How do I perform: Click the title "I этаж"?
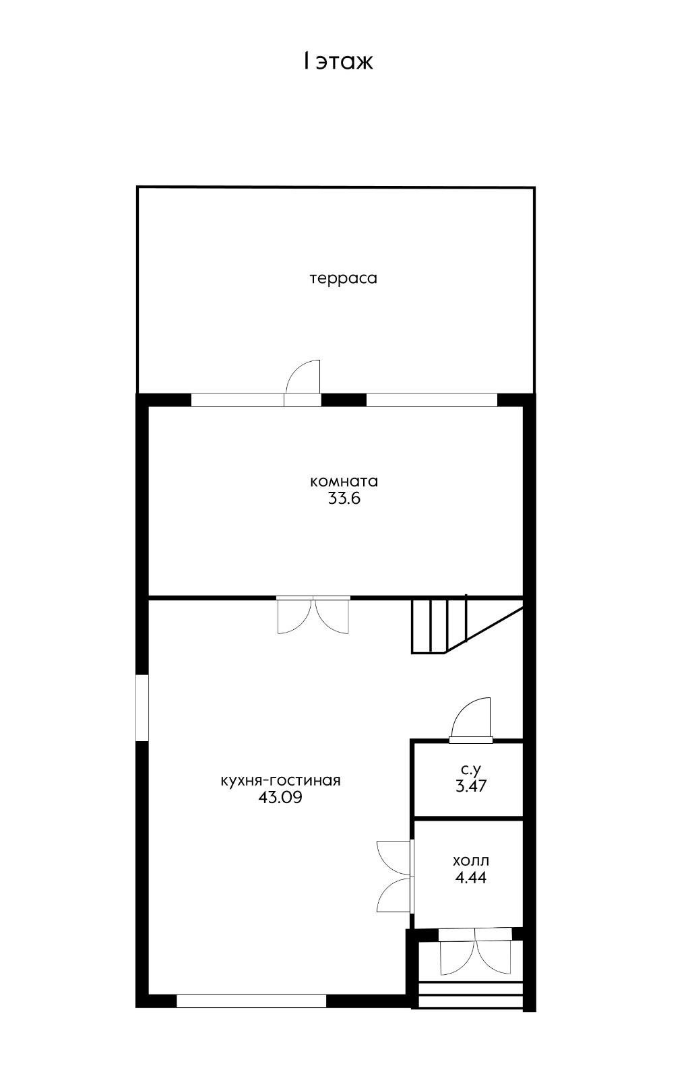(x=338, y=62)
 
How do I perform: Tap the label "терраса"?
(x=343, y=278)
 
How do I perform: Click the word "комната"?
(x=344, y=481)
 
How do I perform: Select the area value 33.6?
(x=344, y=499)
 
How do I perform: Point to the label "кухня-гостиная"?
(x=280, y=780)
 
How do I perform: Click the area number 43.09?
(x=280, y=798)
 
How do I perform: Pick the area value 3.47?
(x=470, y=786)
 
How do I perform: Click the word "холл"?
(x=470, y=860)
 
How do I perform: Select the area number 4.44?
(x=470, y=877)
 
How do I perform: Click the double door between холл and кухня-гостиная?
(x=395, y=876)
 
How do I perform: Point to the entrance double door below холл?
(x=475, y=951)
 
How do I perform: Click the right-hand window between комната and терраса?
(x=432, y=400)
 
